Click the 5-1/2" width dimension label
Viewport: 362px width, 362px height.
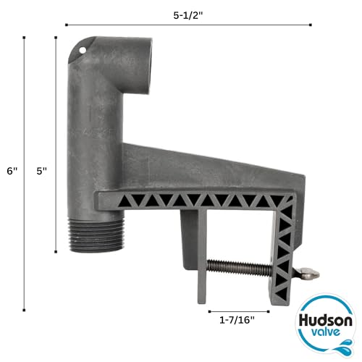(187, 13)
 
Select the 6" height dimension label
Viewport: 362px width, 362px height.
(10, 171)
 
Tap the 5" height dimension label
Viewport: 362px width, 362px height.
(43, 171)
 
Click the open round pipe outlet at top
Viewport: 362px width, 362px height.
(134, 52)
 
